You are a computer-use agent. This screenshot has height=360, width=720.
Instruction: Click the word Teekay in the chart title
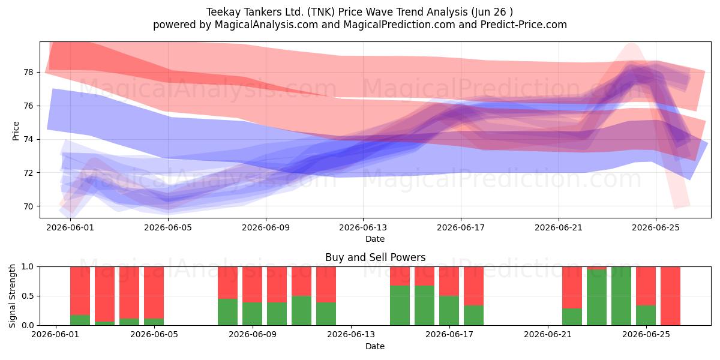click(x=223, y=12)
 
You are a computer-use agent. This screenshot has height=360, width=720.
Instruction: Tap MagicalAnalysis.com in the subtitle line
click(x=266, y=25)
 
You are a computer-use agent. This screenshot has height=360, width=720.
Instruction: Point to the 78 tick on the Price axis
click(x=28, y=72)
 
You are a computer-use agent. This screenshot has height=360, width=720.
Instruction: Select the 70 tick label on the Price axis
click(x=28, y=206)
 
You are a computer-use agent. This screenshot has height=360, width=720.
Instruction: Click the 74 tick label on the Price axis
click(x=28, y=139)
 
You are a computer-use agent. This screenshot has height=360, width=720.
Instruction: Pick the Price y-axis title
click(x=16, y=131)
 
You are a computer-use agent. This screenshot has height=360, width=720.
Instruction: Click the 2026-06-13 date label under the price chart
click(x=363, y=227)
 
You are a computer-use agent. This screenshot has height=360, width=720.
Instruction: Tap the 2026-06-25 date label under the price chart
click(x=656, y=227)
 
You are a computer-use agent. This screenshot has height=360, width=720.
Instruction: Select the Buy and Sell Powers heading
click(x=375, y=257)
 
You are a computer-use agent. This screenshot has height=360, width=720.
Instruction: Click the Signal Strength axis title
click(x=12, y=296)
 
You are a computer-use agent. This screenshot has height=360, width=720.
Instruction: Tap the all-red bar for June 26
click(x=671, y=296)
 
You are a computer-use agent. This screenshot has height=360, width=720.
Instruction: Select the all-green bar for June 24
click(x=622, y=296)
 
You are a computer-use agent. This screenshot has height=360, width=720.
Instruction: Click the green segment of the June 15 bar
click(x=400, y=305)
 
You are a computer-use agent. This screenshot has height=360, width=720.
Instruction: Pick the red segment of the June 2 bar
click(x=80, y=291)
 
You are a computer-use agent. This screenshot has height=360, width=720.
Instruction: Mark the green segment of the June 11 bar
click(x=301, y=311)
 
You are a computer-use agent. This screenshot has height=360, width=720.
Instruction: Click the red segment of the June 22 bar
click(x=572, y=287)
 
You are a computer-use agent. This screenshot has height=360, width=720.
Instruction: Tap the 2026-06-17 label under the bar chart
click(x=449, y=335)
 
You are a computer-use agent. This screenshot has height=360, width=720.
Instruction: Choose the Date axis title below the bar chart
click(x=375, y=346)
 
